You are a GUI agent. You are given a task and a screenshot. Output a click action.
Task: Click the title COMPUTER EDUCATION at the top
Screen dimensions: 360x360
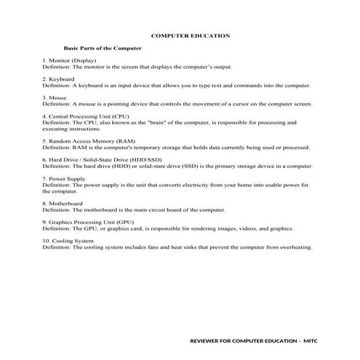pyautogui.click(x=190, y=35)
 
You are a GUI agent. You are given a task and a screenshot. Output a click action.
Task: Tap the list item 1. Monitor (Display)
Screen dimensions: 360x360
pyautogui.click(x=69, y=60)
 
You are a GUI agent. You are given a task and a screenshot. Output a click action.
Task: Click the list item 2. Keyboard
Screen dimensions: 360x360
pyautogui.click(x=58, y=79)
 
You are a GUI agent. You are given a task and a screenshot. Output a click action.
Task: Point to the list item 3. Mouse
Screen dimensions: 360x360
pyautogui.click(x=55, y=97)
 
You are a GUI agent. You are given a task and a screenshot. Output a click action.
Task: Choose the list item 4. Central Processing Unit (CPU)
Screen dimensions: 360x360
pyautogui.click(x=87, y=116)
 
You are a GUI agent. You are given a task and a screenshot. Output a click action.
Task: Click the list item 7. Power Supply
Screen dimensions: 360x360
pyautogui.click(x=64, y=178)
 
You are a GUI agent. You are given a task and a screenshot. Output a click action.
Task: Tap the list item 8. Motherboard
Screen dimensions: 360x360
pyautogui.click(x=62, y=203)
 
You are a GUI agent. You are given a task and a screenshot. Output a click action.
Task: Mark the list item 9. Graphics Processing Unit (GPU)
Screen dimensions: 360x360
pyautogui.click(x=88, y=221)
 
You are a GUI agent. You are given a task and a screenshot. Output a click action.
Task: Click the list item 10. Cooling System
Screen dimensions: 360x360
pyautogui.click(x=68, y=240)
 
